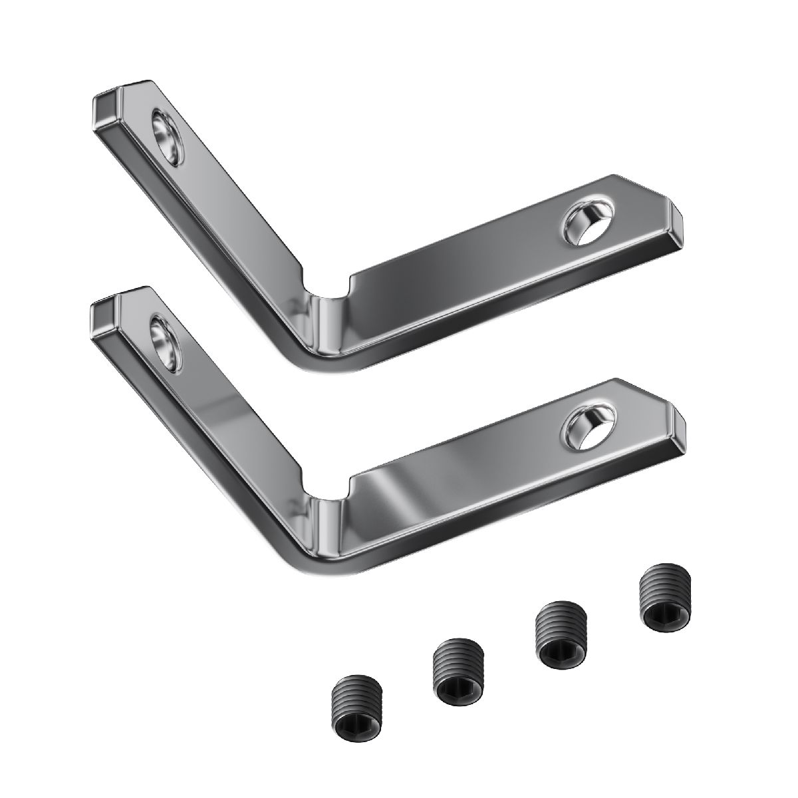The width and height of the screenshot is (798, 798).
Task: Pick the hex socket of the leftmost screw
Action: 352,722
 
